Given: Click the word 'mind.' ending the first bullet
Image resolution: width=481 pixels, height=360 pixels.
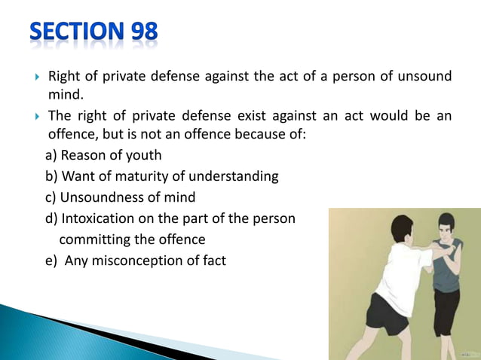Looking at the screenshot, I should click(x=64, y=96).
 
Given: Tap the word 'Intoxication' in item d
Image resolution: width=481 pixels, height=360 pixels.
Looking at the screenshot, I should click(x=102, y=219).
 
